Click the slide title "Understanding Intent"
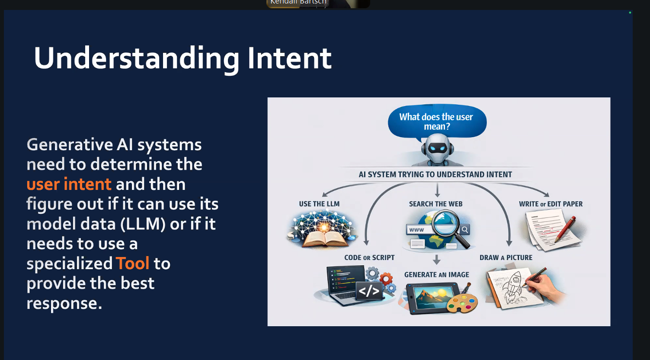point(183,58)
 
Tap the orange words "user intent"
point(69,184)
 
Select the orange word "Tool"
point(132,264)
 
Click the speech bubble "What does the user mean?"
point(436,122)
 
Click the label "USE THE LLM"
point(319,204)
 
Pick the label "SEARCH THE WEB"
point(435,204)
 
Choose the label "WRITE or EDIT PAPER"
point(551,204)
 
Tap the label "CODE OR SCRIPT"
point(369,257)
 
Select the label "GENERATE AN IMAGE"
point(436,275)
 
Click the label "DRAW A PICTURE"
point(506,257)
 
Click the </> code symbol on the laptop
point(369,291)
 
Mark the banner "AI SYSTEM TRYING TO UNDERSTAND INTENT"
point(435,174)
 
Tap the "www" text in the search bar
point(416,230)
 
